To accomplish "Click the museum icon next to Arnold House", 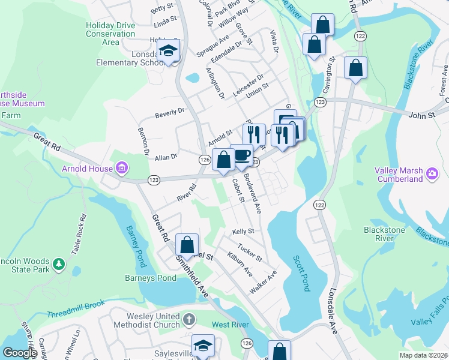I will pos(122,167).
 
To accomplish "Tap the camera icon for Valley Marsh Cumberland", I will pos(432,174).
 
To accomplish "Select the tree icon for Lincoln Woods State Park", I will pos(58,263).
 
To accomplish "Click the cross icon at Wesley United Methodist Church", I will pos(189,319).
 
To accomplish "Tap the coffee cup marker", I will pos(241,155).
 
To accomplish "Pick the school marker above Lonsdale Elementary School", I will pos(169,52).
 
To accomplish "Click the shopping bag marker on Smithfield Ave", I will pos(187,245).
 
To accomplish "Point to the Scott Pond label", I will pos(301,273).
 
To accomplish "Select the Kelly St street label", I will pos(243,231).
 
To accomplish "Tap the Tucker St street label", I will pos(249,253).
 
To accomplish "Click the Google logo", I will pos(20,353).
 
